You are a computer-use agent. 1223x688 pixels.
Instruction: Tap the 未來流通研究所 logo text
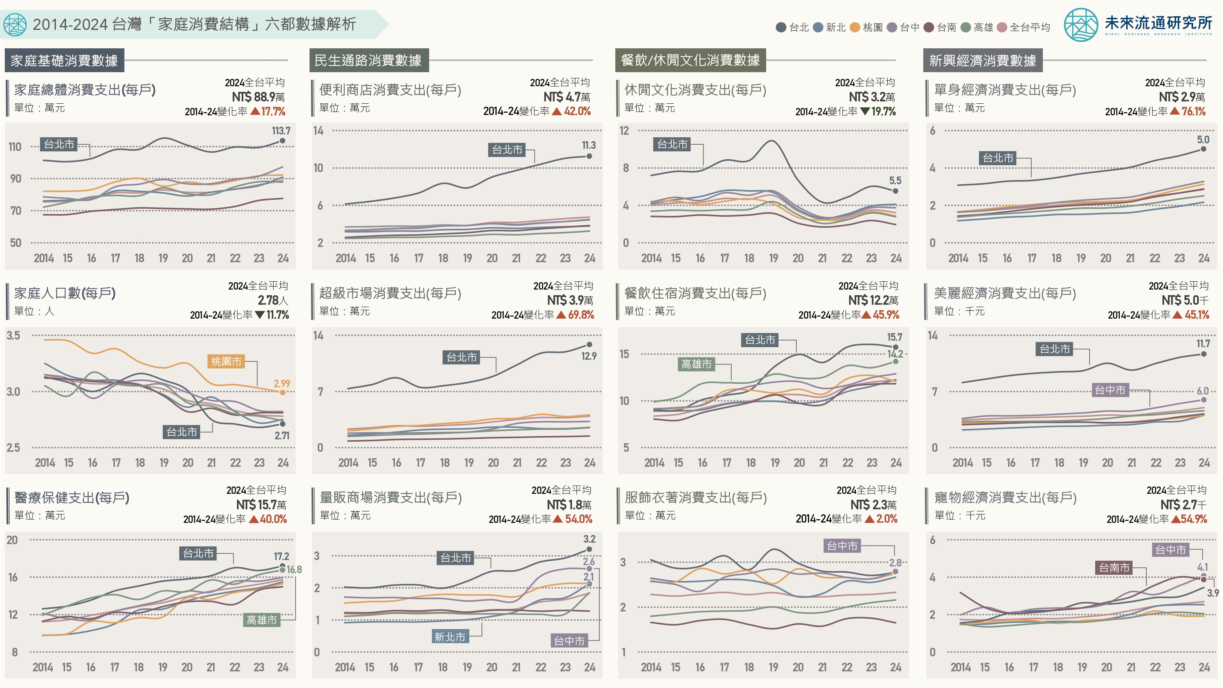coord(1158,23)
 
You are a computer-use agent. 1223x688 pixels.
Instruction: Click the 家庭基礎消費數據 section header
coord(65,60)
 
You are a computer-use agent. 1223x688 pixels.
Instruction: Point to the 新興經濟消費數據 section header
coord(982,60)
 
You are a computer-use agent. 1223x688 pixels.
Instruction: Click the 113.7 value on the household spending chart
coord(281,131)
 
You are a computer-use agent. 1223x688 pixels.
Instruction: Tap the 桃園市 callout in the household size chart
coord(226,361)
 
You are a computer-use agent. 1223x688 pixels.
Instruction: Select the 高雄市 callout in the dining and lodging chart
coord(696,364)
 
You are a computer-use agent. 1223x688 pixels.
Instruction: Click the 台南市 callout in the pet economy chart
coord(1114,568)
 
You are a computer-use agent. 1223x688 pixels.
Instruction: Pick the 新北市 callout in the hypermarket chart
coord(449,637)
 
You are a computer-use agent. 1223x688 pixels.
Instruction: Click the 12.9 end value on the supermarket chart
coord(589,356)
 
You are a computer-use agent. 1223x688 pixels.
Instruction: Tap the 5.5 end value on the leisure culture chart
coord(895,180)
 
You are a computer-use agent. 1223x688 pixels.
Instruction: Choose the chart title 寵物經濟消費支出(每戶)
coord(1005,498)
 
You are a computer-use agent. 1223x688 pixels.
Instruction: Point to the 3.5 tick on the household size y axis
coord(13,336)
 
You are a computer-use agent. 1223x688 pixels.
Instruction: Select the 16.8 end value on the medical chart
coord(294,569)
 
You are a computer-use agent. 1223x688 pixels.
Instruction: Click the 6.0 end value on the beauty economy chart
coord(1202,391)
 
